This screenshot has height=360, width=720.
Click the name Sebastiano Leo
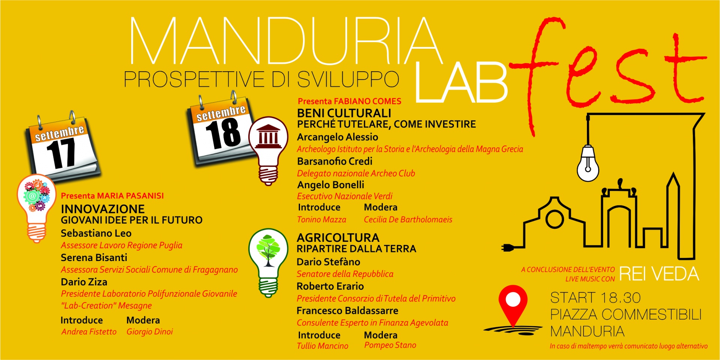pos(96,233)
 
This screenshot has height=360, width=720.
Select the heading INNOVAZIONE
pos(103,209)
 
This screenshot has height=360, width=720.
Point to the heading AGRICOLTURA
pos(338,237)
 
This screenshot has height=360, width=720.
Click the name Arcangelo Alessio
pos(337,137)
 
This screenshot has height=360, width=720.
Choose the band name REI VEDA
pos(659,274)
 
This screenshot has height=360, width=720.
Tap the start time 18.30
pos(618,298)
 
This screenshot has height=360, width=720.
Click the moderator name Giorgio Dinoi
pos(150,331)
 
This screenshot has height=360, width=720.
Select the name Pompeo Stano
pos(390,345)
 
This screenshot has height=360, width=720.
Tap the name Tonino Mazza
pos(321,220)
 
